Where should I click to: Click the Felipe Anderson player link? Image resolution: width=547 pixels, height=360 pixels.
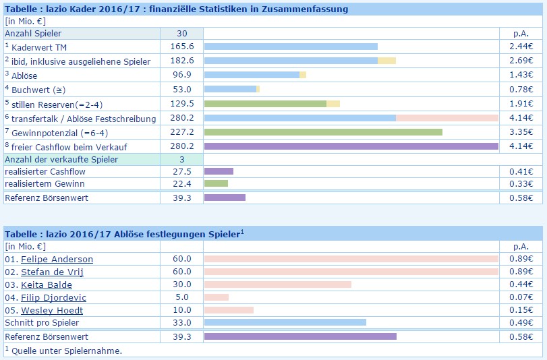click(x=57, y=259)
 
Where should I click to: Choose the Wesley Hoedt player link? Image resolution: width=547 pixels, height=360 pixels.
click(x=52, y=310)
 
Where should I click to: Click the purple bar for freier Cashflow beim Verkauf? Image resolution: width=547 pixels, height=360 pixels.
click(x=351, y=146)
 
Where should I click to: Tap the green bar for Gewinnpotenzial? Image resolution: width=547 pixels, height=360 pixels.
click(x=323, y=132)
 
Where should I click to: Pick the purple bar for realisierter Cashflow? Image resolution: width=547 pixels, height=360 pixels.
click(x=219, y=172)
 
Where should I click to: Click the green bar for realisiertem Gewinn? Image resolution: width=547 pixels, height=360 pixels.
click(x=216, y=183)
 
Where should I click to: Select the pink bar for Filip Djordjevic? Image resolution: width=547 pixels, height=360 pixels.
click(x=217, y=297)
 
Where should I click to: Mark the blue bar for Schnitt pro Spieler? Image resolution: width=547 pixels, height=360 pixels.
click(x=285, y=322)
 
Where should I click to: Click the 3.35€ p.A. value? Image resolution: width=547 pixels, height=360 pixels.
click(x=521, y=132)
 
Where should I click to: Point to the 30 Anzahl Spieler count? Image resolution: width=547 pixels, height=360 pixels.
click(x=182, y=33)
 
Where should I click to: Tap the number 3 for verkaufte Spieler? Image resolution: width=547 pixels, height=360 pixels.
click(x=182, y=159)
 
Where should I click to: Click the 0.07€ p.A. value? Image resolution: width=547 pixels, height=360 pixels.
click(x=521, y=297)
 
